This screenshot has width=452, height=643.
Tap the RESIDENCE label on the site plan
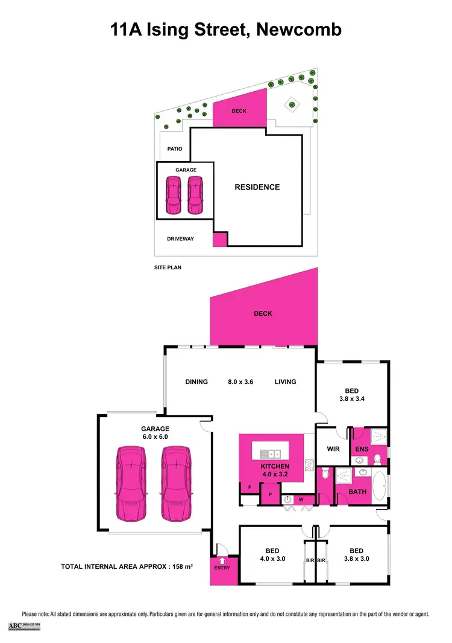coord(257,187)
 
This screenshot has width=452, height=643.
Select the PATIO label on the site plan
coord(175,149)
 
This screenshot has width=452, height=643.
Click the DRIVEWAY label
coord(180,239)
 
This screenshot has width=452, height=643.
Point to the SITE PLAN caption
coord(168,267)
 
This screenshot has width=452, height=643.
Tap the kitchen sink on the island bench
coord(270,453)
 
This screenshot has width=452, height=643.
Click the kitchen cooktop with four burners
coord(309,464)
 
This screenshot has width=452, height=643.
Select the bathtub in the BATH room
coord(380,485)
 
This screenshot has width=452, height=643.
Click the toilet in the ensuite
coord(378,459)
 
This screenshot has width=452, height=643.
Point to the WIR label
coord(333,449)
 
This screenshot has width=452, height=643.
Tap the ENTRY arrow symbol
coord(222,561)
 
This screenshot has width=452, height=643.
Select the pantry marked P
coord(270,493)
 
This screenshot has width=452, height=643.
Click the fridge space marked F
coord(249,487)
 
